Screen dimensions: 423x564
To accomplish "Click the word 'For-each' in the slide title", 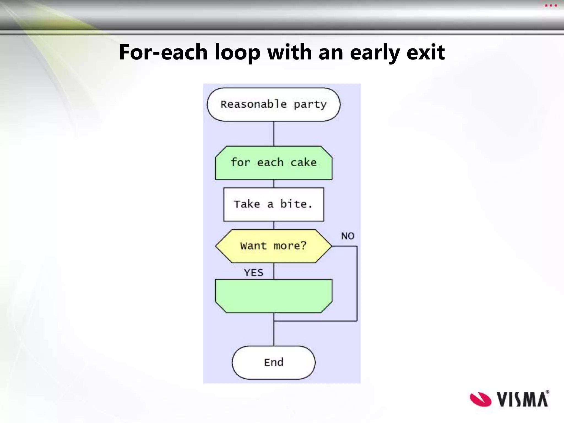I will pos(163,52).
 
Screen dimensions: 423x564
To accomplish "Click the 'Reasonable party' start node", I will pos(273,105).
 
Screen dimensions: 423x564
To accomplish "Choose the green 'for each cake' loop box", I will pos(273,163).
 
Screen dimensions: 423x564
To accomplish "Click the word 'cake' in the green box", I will pos(303,162).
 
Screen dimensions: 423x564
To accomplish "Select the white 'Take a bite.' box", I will pos(273,204).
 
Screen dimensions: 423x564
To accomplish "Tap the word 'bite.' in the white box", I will pos(296,204).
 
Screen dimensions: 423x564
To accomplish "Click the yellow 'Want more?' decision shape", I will pos(273,246).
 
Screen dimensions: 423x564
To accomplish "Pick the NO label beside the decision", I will pos(348,236).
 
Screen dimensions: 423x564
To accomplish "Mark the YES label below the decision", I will pos(254,273).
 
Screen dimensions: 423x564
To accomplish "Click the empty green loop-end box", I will pos(273,296).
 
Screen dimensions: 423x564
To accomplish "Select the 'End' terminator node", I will pos(273,362).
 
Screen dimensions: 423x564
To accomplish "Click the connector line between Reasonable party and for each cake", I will pos(274,134).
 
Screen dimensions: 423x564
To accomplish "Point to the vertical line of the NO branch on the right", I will pos(357,284).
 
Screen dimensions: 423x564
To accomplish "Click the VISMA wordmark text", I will pos(522,399).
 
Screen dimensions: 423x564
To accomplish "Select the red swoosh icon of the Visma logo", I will pos(481,399).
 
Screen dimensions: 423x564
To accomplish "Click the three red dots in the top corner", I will pos(551,6).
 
